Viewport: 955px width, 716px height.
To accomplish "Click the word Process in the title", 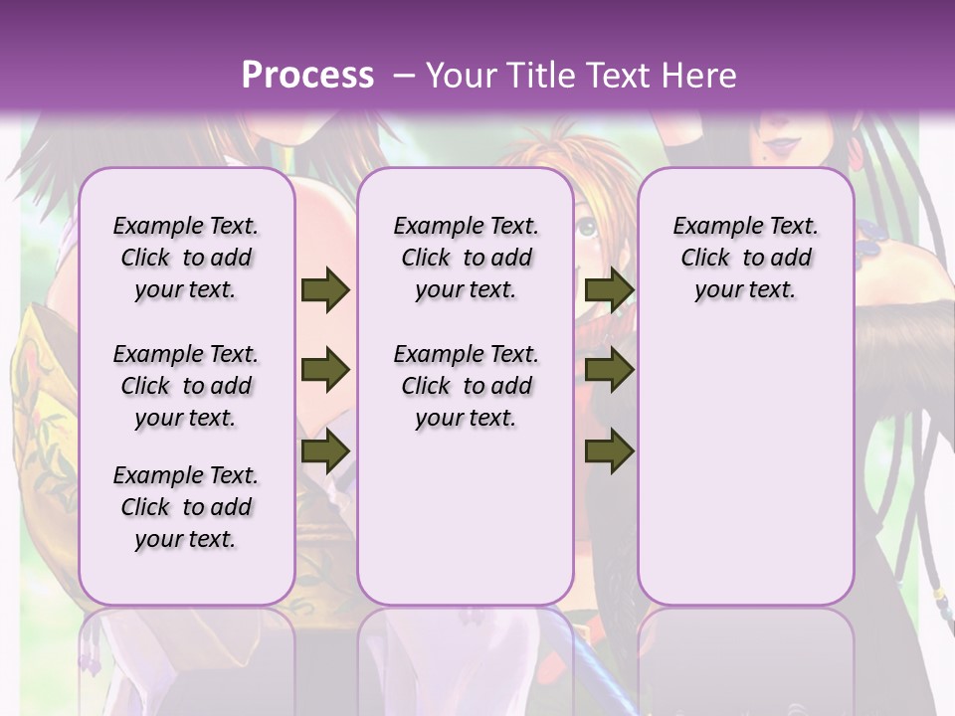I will [307, 75].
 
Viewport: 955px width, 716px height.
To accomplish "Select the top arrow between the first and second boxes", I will [325, 290].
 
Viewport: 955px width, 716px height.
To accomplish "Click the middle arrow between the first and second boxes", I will [325, 371].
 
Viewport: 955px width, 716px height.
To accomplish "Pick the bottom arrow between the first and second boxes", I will [325, 450].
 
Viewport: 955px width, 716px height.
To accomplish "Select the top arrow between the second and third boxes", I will [609, 290].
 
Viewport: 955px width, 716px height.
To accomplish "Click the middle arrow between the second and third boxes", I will [609, 371].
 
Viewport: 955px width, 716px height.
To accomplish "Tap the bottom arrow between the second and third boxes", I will [609, 450].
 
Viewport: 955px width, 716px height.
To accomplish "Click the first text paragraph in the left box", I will [186, 258].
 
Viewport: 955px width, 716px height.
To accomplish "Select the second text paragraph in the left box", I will [186, 386].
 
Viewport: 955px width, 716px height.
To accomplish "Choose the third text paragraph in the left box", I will [186, 507].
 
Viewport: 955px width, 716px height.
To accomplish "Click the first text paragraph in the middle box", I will [466, 258].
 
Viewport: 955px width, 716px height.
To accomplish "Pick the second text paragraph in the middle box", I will [466, 386].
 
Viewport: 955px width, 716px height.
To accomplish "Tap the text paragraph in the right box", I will [745, 258].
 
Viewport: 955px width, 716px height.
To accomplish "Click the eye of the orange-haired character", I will [588, 228].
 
